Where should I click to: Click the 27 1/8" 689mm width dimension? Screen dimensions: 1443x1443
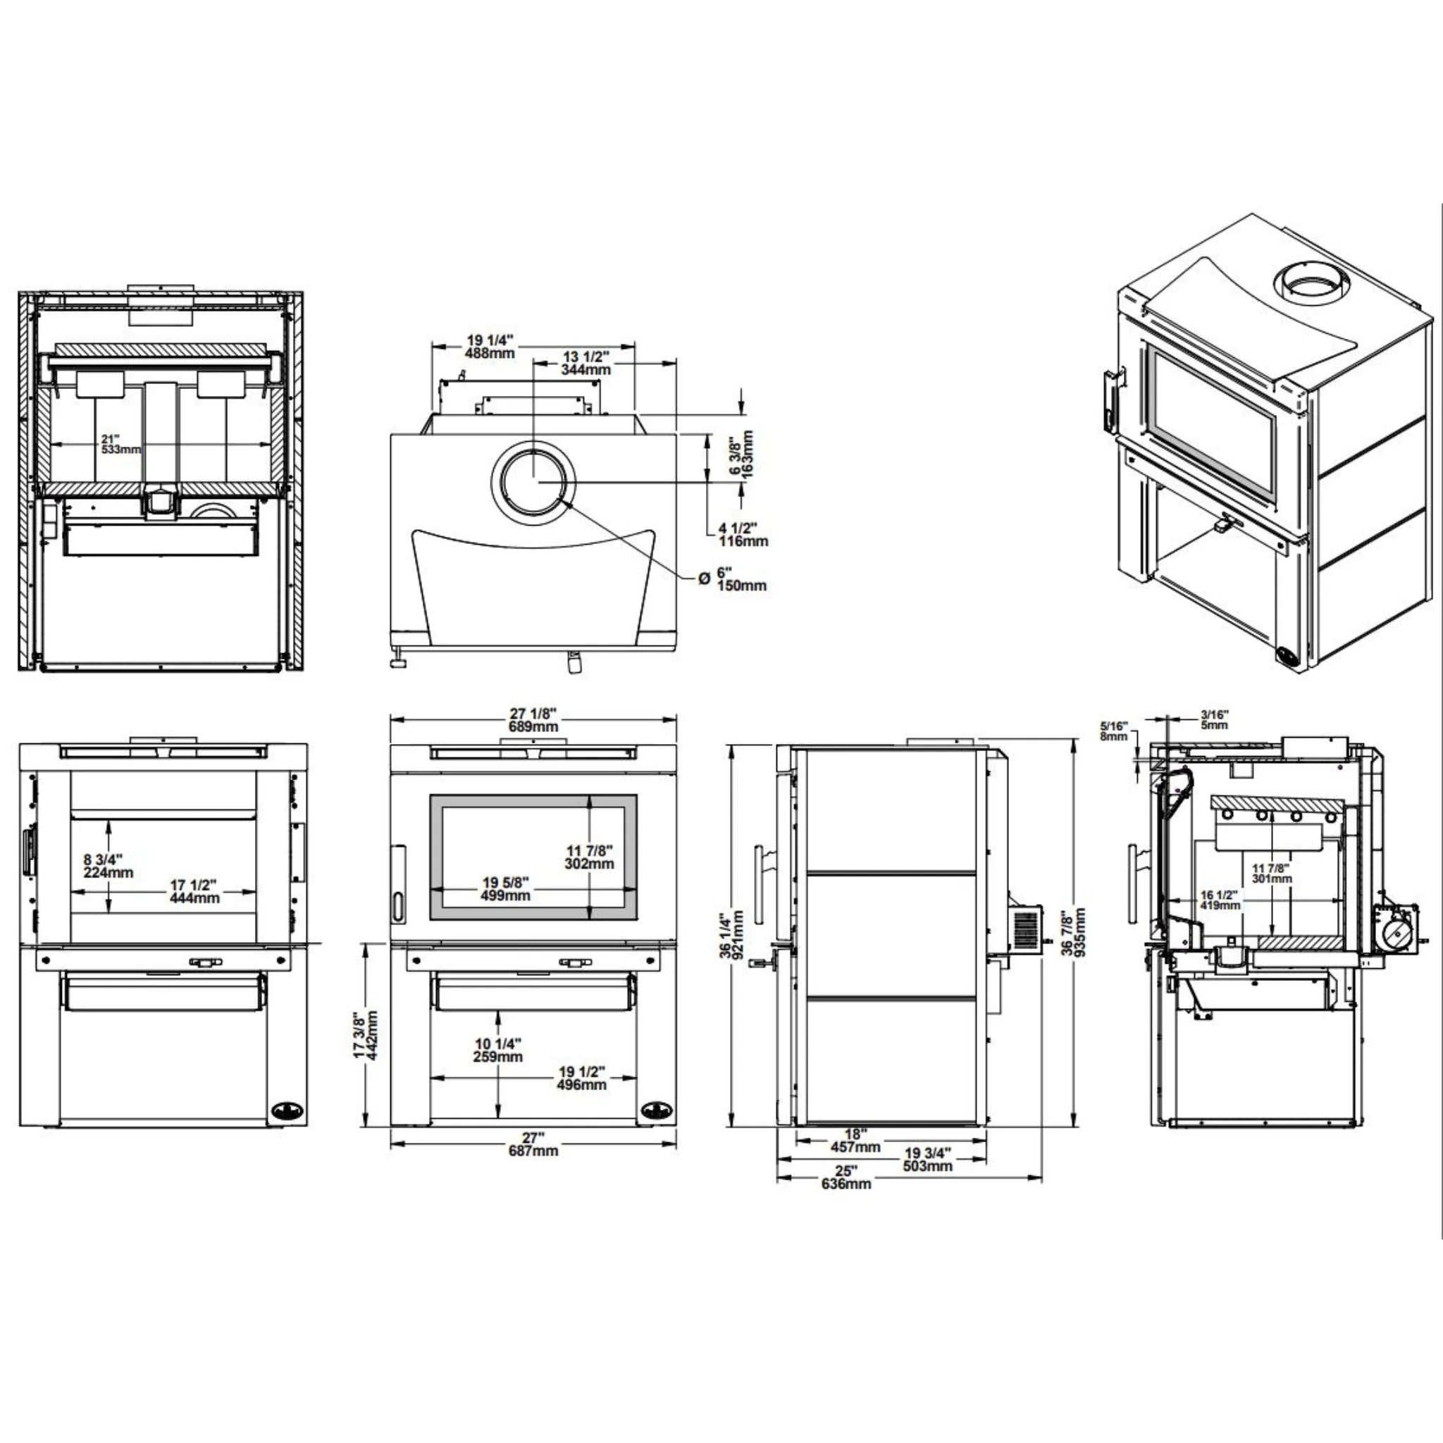[533, 720]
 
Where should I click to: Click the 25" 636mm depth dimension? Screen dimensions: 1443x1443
[846, 1177]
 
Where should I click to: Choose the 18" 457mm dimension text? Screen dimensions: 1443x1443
[855, 1141]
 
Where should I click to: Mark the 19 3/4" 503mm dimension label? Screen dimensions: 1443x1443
[928, 1159]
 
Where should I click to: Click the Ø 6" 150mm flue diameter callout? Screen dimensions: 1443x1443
[733, 579]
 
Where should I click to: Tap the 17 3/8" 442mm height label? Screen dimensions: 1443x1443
[366, 1035]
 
